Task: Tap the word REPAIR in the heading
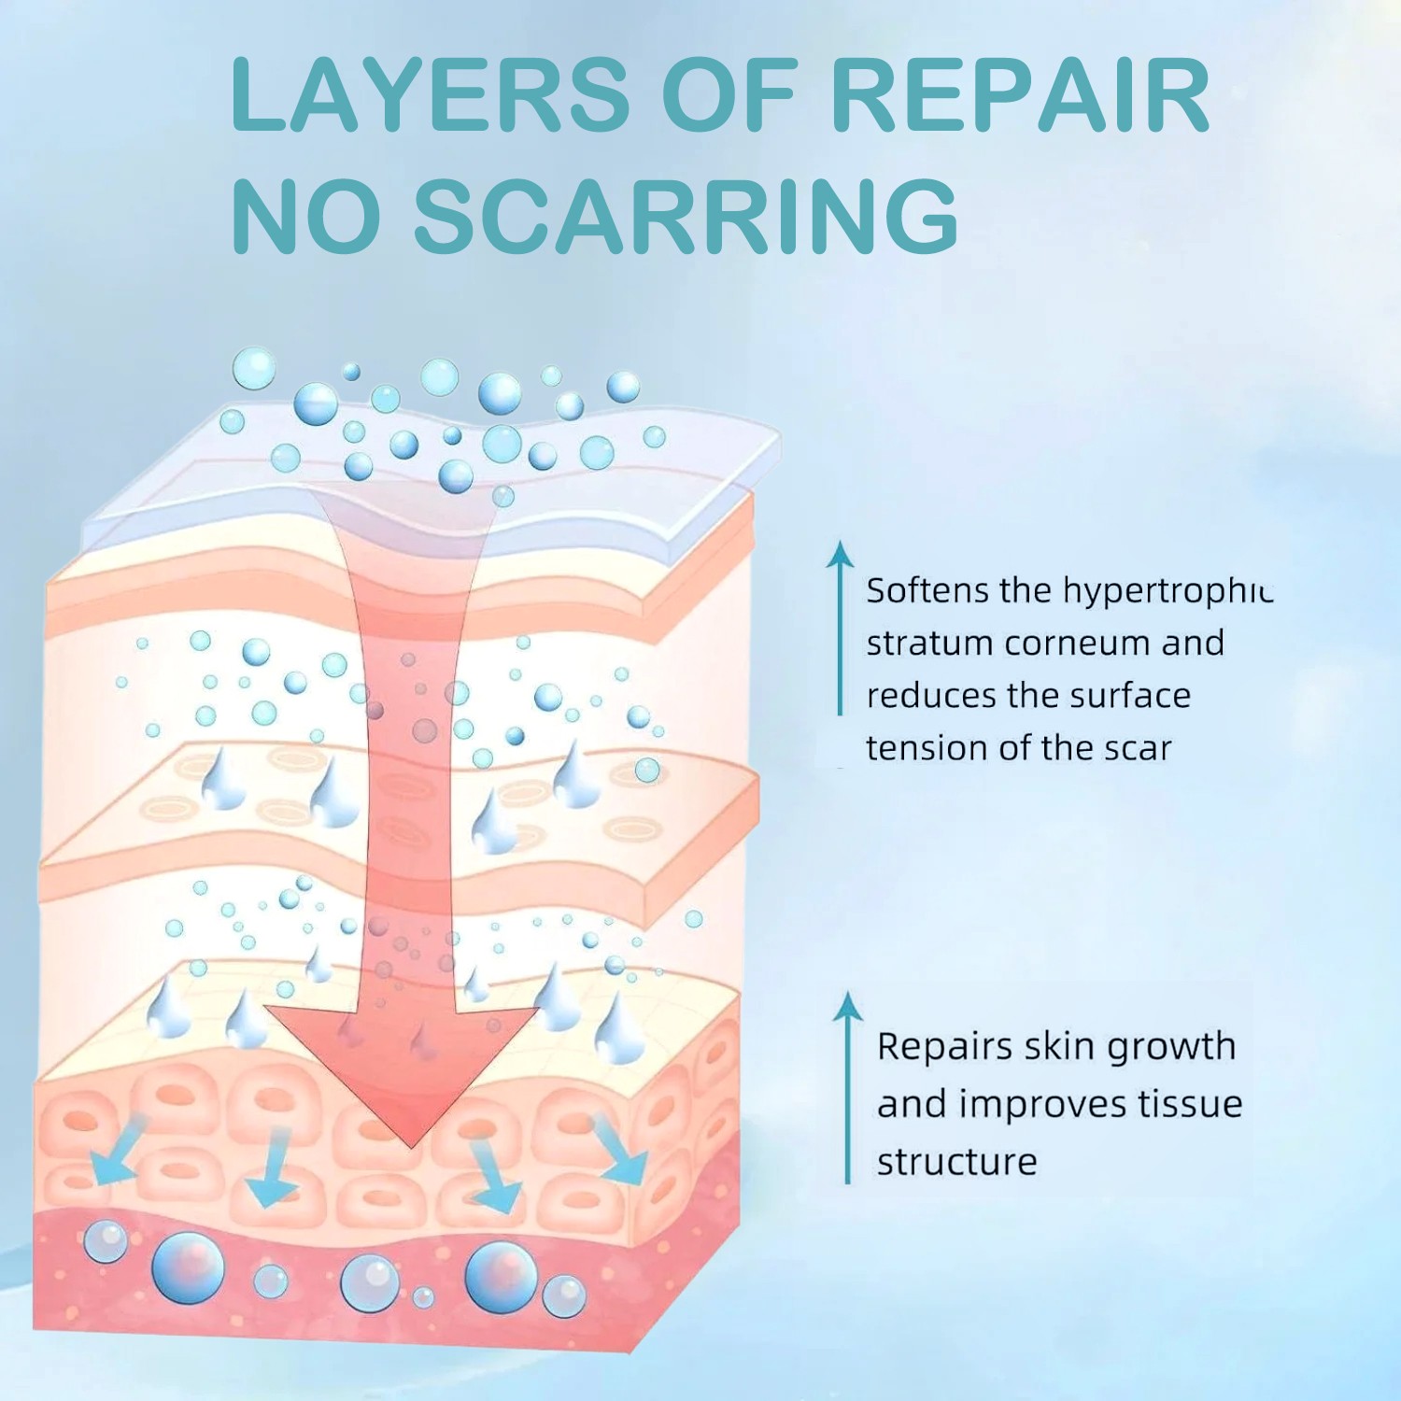pos(1020,95)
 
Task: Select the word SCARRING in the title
pos(686,217)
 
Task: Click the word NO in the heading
pos(306,217)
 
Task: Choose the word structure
pos(956,1162)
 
